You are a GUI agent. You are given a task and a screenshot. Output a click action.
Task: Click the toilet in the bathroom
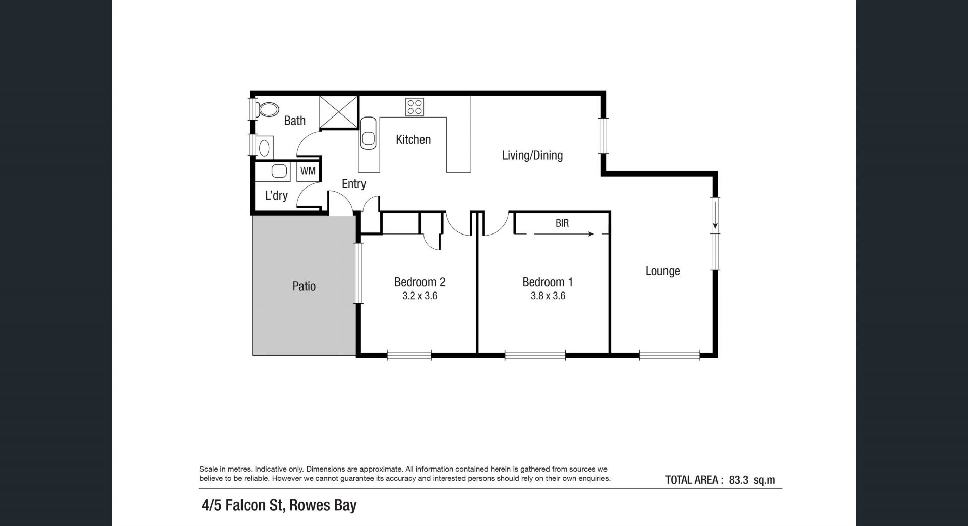[268, 109]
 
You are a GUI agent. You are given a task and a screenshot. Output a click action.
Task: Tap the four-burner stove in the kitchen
[415, 107]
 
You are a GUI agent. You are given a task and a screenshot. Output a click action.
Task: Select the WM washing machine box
[308, 171]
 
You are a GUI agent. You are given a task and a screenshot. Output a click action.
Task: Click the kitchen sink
[368, 134]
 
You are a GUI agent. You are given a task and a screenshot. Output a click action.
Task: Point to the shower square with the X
[338, 112]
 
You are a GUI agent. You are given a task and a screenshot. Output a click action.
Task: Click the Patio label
[304, 286]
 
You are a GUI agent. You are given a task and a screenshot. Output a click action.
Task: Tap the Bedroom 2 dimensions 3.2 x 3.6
[419, 296]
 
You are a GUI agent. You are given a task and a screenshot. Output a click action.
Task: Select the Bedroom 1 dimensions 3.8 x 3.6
[548, 296]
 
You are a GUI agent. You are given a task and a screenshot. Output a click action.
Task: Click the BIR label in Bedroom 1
[562, 223]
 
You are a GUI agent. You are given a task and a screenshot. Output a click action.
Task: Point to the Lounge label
[662, 271]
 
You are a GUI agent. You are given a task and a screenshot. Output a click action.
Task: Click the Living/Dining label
[532, 155]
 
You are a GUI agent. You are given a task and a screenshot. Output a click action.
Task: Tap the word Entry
[354, 184]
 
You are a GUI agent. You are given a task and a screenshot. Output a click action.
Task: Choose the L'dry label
[276, 195]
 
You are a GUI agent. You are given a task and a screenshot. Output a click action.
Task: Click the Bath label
[295, 121]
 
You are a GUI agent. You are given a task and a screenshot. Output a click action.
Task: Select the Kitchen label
[413, 139]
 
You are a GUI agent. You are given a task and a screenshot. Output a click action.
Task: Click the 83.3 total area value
[738, 480]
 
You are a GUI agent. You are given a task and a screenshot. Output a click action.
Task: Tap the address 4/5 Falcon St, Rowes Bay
[279, 505]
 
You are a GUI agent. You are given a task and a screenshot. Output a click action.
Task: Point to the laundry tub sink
[279, 171]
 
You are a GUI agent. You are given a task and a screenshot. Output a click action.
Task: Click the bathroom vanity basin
[264, 147]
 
